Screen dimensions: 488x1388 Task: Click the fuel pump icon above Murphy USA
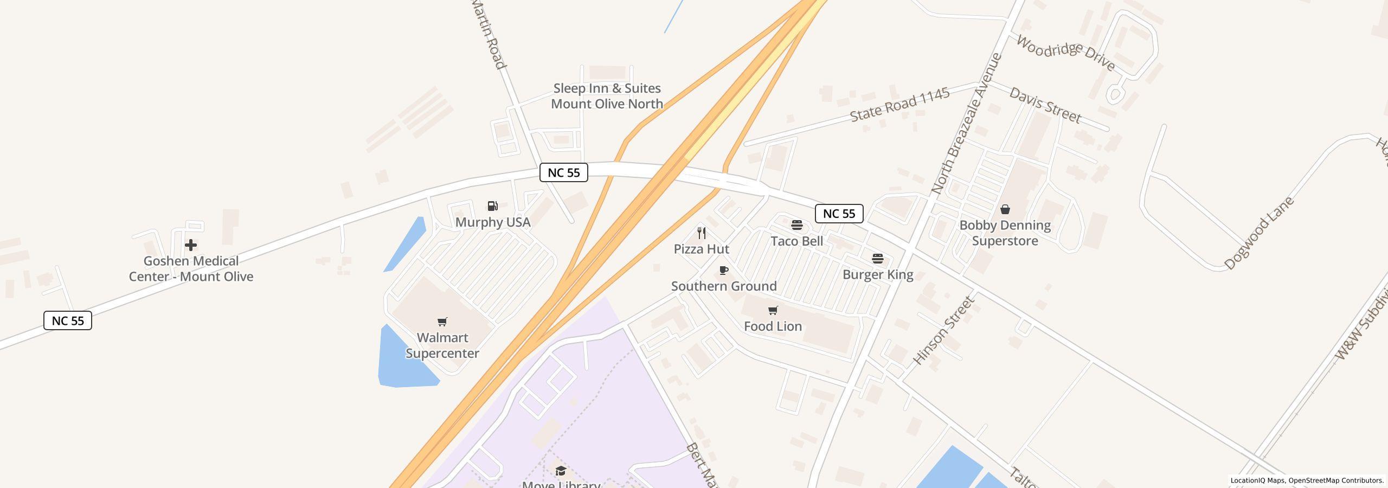click(x=492, y=206)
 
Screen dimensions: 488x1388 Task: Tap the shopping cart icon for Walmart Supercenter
click(x=442, y=322)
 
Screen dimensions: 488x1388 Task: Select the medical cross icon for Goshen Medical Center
click(x=191, y=245)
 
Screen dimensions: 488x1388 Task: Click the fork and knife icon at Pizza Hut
click(x=702, y=233)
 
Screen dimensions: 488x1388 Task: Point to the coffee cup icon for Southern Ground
click(x=723, y=270)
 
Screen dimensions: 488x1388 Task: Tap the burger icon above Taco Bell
click(x=797, y=225)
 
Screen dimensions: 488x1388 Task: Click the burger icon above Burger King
click(x=878, y=259)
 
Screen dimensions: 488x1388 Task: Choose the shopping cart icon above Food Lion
click(x=773, y=310)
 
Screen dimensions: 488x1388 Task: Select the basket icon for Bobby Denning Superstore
click(x=1005, y=209)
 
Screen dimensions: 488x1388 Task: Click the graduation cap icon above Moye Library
click(x=561, y=470)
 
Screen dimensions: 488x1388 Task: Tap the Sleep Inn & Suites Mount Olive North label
click(x=607, y=96)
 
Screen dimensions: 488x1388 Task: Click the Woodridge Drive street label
click(x=1065, y=53)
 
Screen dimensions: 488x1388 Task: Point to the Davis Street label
click(x=1045, y=105)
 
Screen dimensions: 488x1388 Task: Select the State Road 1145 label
click(x=899, y=105)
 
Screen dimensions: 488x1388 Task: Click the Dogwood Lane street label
click(x=1259, y=233)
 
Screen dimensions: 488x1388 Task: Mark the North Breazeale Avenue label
click(x=966, y=124)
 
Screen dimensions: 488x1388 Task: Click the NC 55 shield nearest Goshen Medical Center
click(x=68, y=320)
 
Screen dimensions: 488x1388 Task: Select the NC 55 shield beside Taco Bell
click(x=839, y=214)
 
